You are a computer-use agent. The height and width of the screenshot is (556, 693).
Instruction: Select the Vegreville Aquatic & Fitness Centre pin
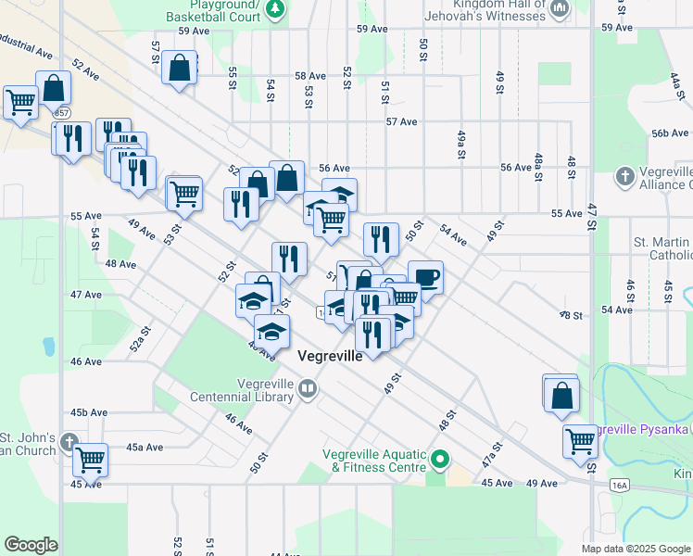441,458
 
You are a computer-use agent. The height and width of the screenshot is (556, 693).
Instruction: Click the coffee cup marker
425,278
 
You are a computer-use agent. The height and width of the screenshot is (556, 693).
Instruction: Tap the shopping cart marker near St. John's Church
91,458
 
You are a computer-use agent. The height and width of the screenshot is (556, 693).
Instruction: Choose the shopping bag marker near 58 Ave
179,68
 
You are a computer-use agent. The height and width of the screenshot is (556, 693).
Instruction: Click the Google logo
31,545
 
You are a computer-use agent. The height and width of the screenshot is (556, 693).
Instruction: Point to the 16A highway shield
620,484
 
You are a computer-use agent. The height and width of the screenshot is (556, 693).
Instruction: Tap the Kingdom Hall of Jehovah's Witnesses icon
560,10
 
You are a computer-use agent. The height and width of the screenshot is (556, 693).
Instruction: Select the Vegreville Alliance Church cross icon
625,176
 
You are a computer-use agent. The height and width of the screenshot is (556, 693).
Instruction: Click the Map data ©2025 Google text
635,549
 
